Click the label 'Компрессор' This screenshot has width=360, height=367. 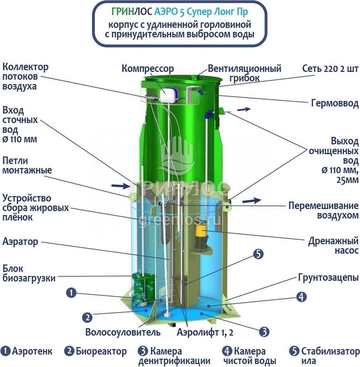[x=148, y=69]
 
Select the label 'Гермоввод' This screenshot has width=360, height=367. [x=335, y=103]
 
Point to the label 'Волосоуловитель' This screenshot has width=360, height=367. [x=123, y=332]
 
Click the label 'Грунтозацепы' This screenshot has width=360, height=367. [x=328, y=278]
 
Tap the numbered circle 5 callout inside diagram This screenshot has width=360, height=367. [x=258, y=254]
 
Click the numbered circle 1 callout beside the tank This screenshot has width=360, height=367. [x=71, y=292]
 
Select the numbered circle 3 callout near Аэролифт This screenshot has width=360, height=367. [x=264, y=332]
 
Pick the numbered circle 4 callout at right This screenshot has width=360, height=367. [x=301, y=297]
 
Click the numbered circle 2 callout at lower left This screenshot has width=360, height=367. [x=87, y=318]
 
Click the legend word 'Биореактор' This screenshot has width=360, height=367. [x=101, y=351]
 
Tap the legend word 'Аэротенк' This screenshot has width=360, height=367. [x=32, y=351]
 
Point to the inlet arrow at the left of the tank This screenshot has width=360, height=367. [x=120, y=186]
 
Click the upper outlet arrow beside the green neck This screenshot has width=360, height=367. [x=244, y=109]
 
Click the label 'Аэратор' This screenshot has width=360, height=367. [x=20, y=242]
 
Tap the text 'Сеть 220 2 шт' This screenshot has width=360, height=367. [x=330, y=69]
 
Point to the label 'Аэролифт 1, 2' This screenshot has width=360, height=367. [x=205, y=332]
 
